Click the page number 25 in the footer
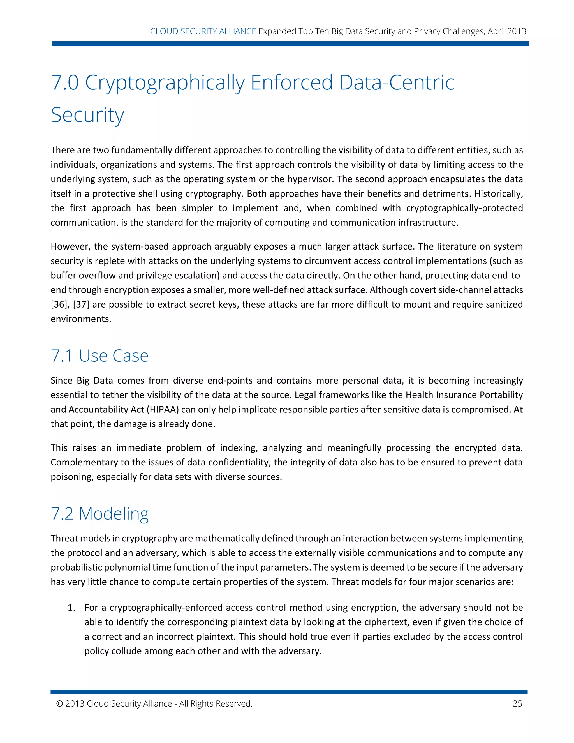(x=517, y=703)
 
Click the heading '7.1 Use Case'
(x=99, y=356)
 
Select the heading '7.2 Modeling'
(x=99, y=514)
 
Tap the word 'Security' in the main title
(x=87, y=115)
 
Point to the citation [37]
(x=81, y=304)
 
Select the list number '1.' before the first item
(x=71, y=608)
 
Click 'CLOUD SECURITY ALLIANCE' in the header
(x=203, y=31)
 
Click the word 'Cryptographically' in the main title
(x=165, y=83)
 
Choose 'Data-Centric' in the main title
(x=397, y=83)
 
